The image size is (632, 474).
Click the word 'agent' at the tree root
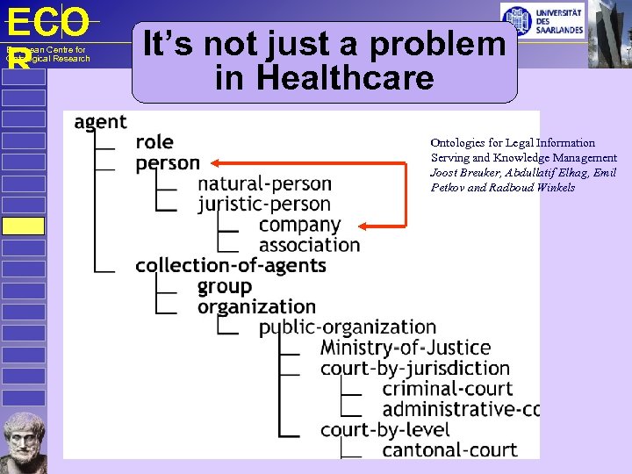coord(100,122)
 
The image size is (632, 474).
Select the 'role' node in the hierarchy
coord(154,142)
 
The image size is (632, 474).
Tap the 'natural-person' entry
coord(264,184)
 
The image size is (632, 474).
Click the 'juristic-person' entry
coord(264,205)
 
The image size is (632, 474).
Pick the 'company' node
coord(299,225)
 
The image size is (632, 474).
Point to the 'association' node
coord(309,245)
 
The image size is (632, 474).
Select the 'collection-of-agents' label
coord(230,265)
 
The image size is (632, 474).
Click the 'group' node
coord(224,286)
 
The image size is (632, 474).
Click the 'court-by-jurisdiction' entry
coord(414,368)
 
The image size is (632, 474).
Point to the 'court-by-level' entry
coord(384,430)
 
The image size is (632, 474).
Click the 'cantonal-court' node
coord(449,450)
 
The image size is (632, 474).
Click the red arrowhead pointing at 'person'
coord(215,162)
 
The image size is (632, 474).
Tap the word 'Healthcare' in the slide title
coord(324,78)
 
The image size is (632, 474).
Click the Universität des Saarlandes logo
coord(541,19)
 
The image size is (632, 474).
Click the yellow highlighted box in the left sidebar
coord(23,226)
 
